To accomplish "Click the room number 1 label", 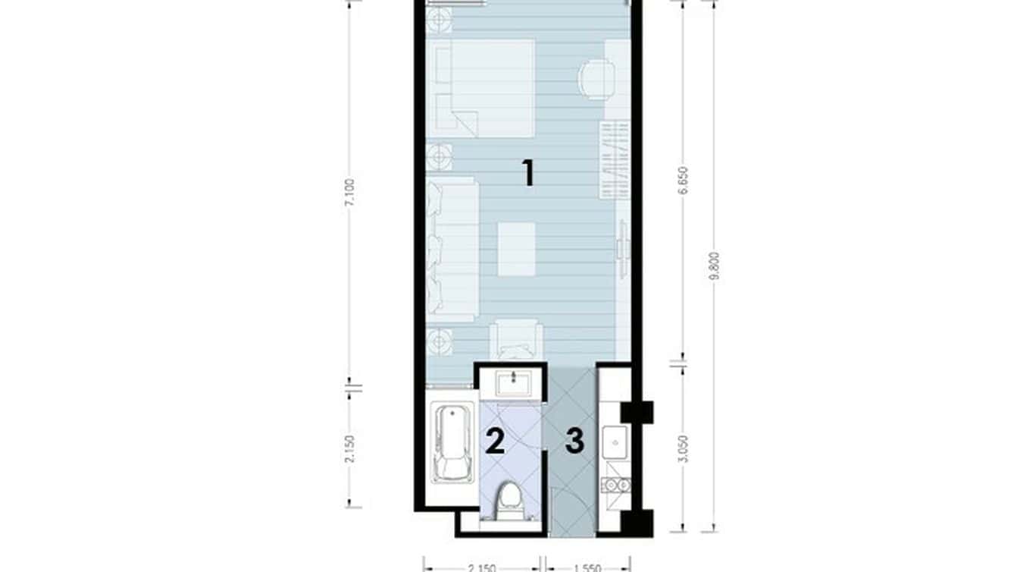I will coord(529,173).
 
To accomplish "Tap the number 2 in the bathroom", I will coord(494,441).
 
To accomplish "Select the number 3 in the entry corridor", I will coord(575,441).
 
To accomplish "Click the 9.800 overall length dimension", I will coord(713,266).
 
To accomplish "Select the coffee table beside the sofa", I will coord(517,249).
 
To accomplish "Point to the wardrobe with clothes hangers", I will coord(615,159).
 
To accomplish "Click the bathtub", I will coord(449,444).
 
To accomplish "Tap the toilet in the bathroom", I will coord(509,503).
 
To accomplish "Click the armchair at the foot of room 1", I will coord(515,338).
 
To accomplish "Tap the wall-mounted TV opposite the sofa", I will coord(622,249).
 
